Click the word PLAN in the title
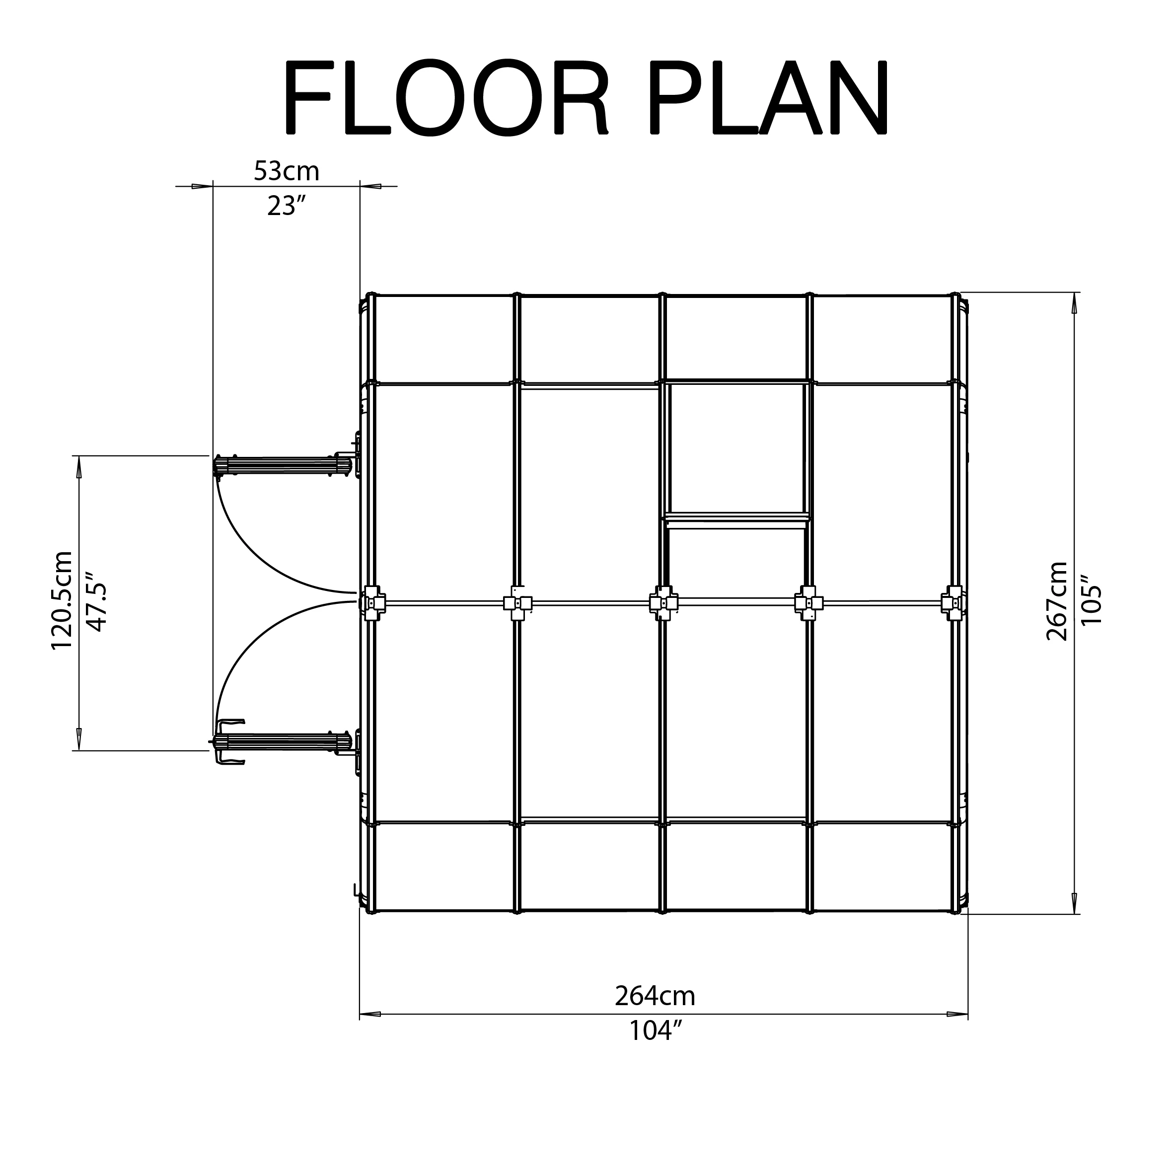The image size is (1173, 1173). (x=769, y=98)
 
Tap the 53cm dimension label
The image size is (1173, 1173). (x=286, y=171)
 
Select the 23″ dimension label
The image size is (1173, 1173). (x=286, y=207)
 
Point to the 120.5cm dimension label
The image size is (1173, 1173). (x=62, y=600)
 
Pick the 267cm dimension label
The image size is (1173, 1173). (x=1057, y=601)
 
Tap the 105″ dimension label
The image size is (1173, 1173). (x=1092, y=601)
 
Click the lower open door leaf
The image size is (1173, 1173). (x=283, y=741)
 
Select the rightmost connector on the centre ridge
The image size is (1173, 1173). (x=953, y=603)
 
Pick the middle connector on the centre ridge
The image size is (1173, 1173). (x=663, y=603)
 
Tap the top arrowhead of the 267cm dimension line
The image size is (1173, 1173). (x=1075, y=302)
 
